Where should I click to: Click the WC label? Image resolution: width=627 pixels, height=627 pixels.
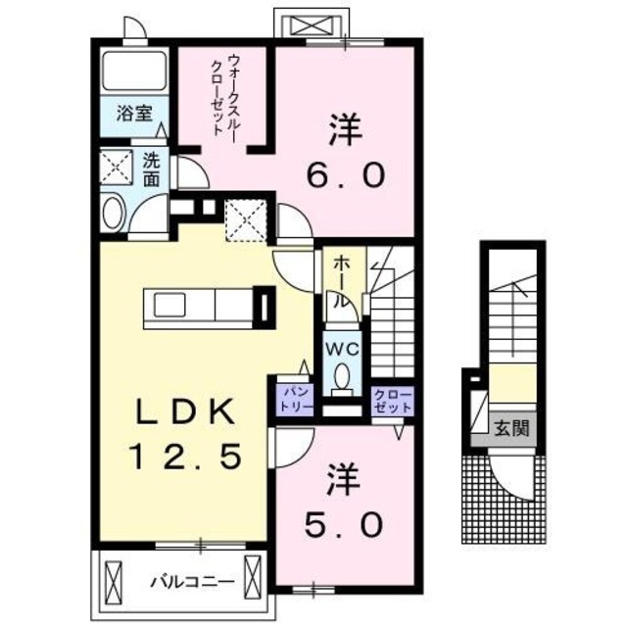pyautogui.click(x=340, y=348)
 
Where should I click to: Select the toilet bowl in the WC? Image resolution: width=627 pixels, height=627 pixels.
pyautogui.click(x=341, y=377)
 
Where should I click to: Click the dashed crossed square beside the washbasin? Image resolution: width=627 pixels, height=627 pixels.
pyautogui.click(x=117, y=167)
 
